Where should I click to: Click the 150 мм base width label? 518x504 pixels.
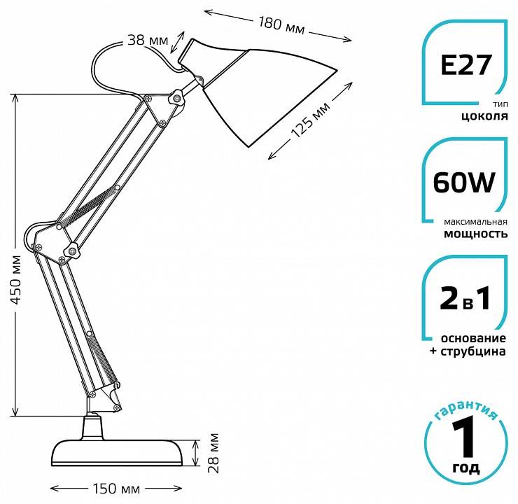coord(120,487)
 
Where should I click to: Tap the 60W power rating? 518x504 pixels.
coord(465,183)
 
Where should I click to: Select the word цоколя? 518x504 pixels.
coord(484,117)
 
